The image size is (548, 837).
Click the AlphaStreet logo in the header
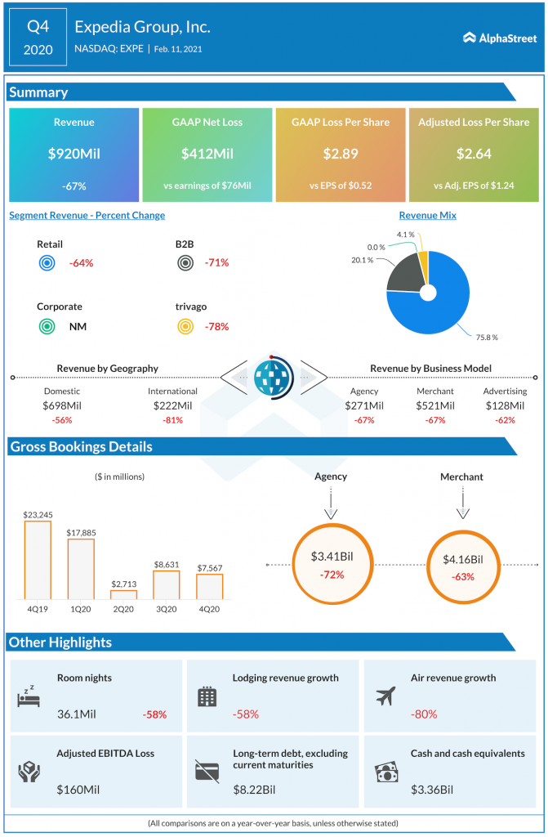tap(498, 37)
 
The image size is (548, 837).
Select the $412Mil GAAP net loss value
tap(207, 154)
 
